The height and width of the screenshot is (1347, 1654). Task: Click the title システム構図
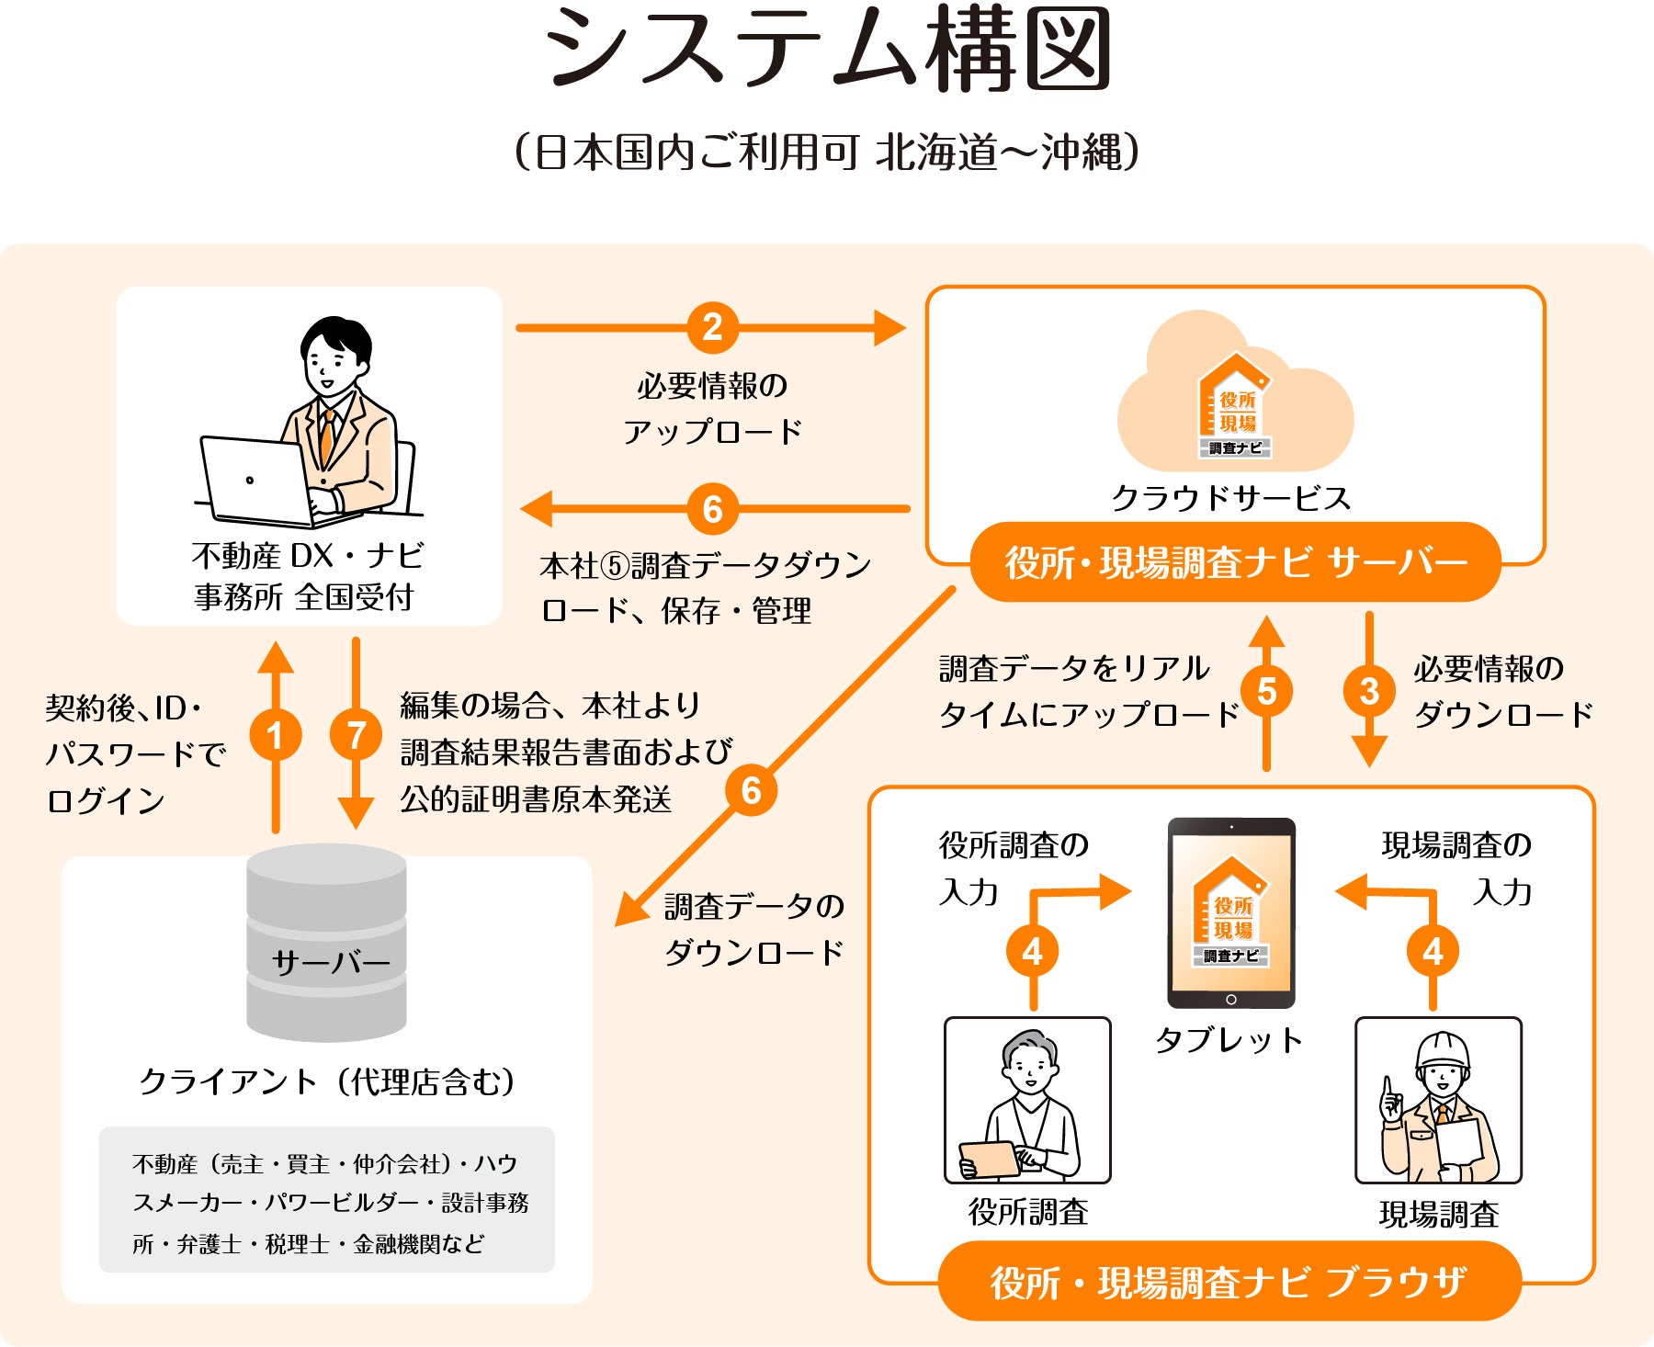827,51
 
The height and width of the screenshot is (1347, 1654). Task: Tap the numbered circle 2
712,327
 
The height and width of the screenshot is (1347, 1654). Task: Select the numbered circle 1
275,735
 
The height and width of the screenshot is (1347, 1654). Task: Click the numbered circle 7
356,735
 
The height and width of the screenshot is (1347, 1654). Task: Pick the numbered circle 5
1266,691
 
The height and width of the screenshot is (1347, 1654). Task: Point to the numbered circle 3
1369,691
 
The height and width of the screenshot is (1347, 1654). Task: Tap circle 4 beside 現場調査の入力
1433,952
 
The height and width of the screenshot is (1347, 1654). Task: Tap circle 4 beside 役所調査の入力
1033,952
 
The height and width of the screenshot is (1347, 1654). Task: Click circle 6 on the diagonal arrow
751,790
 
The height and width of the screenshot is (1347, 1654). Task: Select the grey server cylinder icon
326,943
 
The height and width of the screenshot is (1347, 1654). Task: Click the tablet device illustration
1231,913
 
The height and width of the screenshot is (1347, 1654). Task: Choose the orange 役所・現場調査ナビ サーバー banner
1235,562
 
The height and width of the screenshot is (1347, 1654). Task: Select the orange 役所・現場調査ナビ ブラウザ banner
1229,1282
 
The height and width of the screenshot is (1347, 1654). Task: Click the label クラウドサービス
1231,498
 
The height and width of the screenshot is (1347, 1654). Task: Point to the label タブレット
1229,1040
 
